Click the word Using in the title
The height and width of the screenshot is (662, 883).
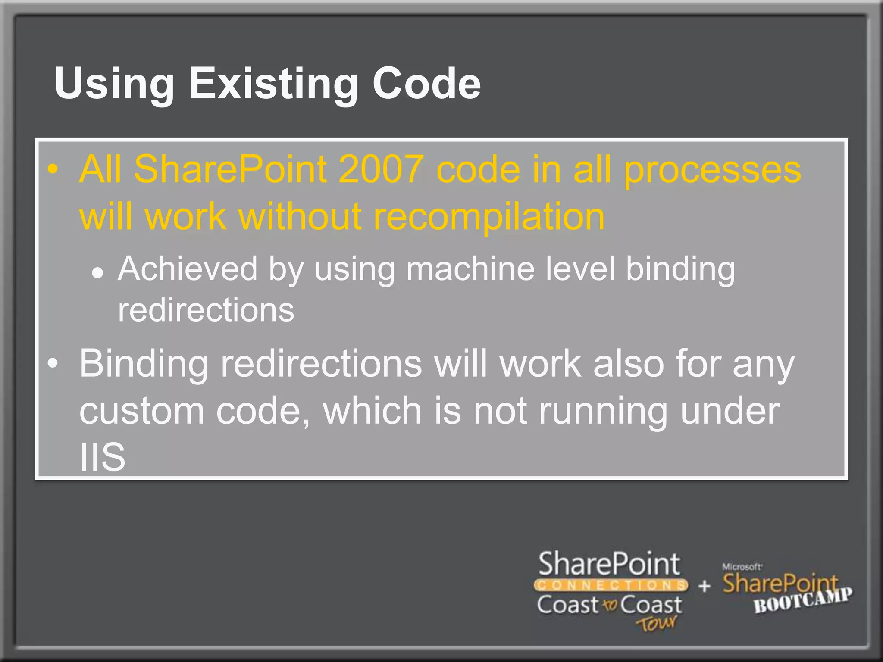coord(114,84)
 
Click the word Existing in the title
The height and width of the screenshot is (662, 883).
coord(273,84)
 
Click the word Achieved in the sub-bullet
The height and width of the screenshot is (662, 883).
coord(188,269)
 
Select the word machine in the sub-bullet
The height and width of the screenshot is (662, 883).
coord(470,269)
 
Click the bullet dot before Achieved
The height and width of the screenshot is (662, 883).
coord(98,273)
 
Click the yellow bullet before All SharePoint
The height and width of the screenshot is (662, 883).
coord(53,169)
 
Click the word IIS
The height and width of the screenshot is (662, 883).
coord(103,457)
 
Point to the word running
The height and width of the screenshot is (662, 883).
coord(603,411)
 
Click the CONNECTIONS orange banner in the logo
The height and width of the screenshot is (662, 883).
coord(611,585)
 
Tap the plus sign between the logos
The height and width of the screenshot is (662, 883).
coord(705,586)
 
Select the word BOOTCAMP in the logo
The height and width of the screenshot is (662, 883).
coord(803,600)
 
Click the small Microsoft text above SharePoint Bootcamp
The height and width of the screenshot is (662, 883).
coord(742,567)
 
